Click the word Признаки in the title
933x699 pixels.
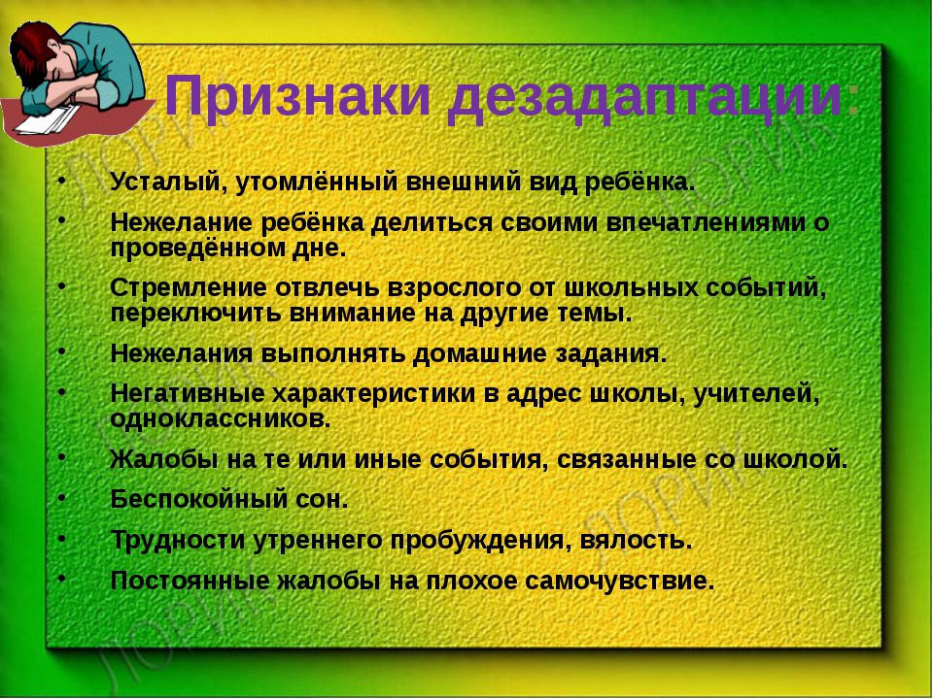tap(297, 95)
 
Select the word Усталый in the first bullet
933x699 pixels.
tap(164, 182)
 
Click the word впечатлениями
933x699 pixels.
tap(704, 223)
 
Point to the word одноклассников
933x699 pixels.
tap(221, 418)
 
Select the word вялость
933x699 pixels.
tap(636, 541)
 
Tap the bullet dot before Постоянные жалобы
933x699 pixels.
tap(61, 577)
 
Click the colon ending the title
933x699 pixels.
tap(852, 101)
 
